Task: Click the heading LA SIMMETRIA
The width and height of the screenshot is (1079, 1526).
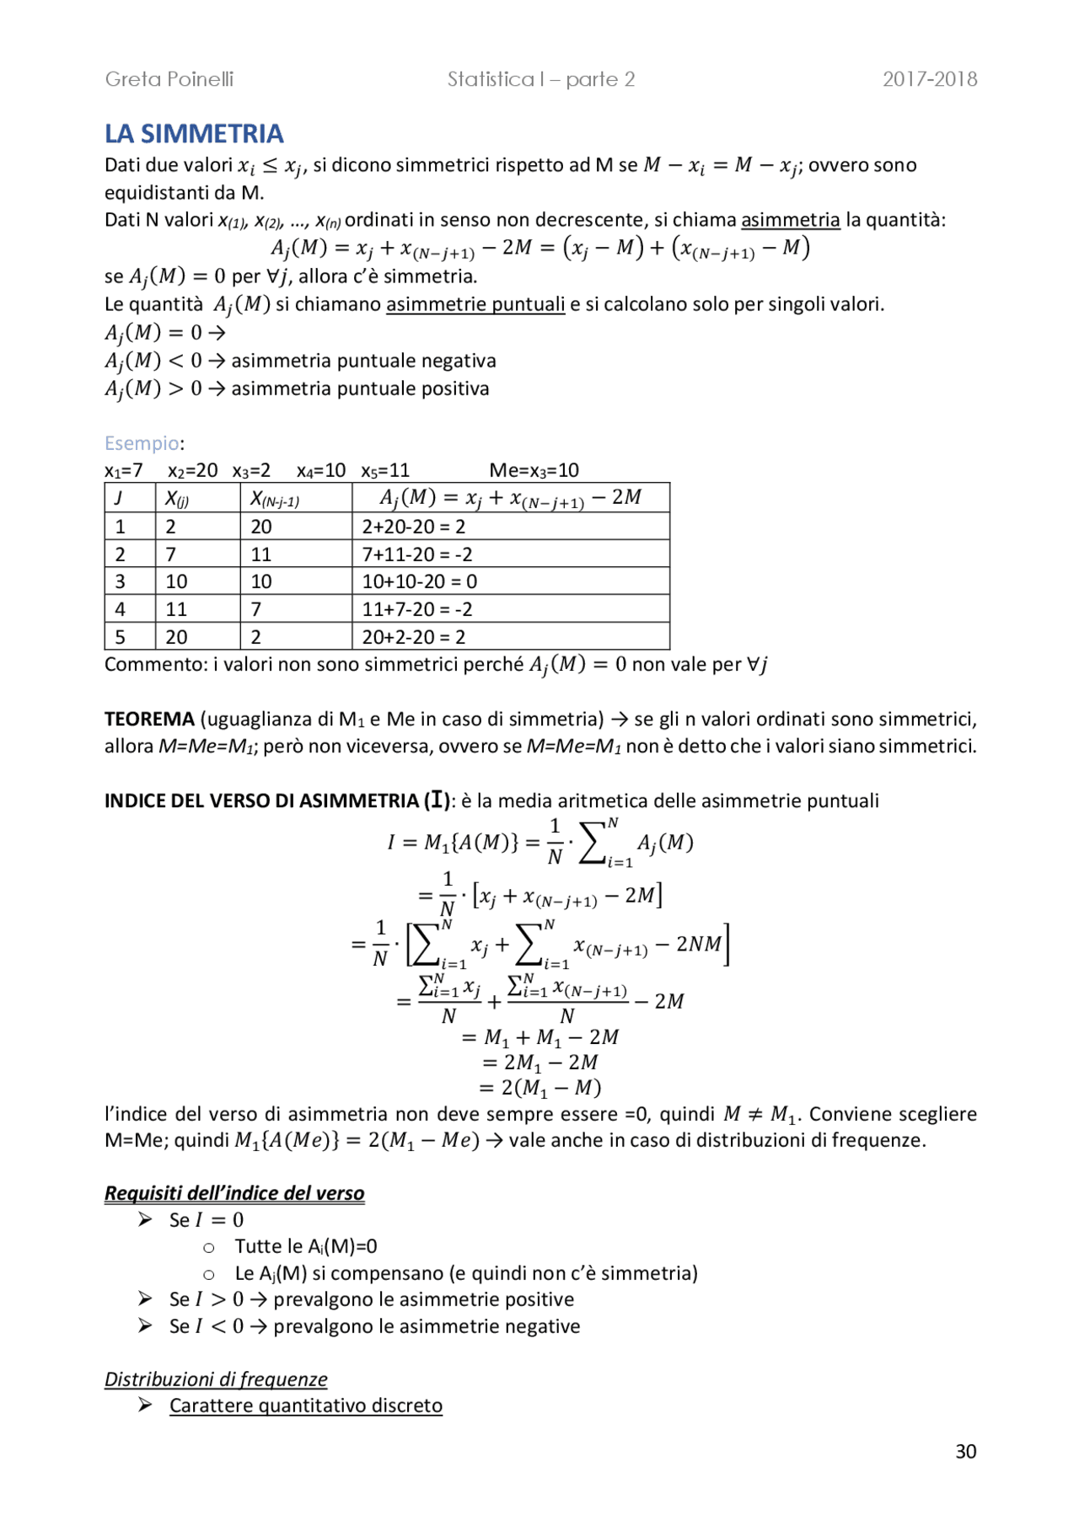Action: [x=194, y=134]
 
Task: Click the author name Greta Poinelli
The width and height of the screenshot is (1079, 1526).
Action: [x=169, y=79]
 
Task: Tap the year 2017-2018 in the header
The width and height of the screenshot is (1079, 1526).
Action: [x=930, y=79]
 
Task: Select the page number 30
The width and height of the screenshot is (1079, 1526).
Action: [x=966, y=1451]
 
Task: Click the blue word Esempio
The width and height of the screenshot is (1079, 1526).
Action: [x=142, y=443]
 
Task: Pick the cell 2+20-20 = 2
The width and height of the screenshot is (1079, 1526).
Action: [x=413, y=527]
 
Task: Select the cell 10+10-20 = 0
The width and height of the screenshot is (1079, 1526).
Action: [x=419, y=581]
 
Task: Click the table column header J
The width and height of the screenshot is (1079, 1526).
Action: [x=119, y=498]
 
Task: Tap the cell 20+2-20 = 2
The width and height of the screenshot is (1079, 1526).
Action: [x=413, y=637]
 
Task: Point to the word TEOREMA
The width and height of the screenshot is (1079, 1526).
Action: [x=149, y=719]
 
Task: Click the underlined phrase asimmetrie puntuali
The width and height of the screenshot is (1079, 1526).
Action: [x=475, y=304]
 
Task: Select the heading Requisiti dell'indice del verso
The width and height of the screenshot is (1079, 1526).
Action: [x=234, y=1193]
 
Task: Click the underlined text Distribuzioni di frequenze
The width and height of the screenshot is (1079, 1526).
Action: [x=216, y=1379]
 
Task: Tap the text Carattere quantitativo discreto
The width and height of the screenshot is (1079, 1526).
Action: [x=305, y=1406]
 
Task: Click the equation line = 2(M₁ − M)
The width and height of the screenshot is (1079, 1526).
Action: [x=540, y=1088]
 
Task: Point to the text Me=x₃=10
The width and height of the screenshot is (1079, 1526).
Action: [x=534, y=470]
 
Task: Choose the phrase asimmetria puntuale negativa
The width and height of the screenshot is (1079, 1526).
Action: [x=363, y=361]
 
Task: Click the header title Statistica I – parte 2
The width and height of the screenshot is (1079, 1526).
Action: [x=540, y=79]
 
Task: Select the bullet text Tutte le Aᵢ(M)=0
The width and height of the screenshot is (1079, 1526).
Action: [x=306, y=1246]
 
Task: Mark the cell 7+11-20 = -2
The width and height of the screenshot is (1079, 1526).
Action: [x=416, y=554]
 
